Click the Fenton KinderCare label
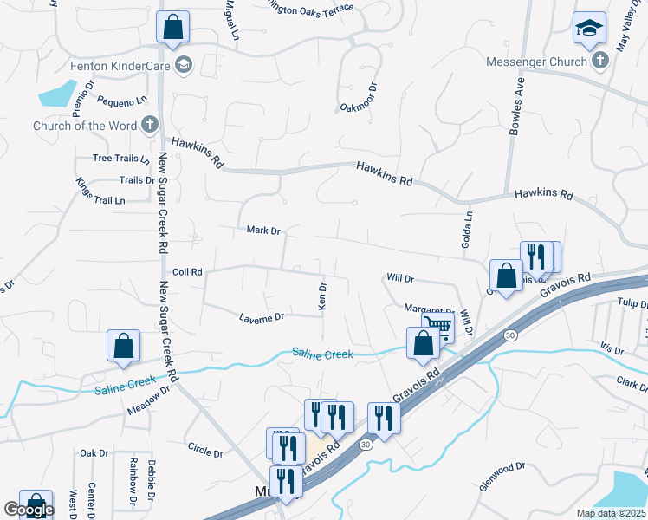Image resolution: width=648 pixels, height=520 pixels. (x=120, y=66)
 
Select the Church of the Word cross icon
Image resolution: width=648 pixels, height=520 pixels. (x=149, y=125)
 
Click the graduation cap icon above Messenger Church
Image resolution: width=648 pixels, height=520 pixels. (x=588, y=29)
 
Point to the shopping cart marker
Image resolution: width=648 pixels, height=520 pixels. (x=438, y=328)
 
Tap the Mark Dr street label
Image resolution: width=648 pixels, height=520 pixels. (x=263, y=231)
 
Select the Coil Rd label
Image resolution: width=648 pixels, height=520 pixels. (x=187, y=272)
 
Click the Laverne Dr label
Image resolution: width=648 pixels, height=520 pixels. (x=262, y=318)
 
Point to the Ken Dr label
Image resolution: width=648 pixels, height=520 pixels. (x=322, y=296)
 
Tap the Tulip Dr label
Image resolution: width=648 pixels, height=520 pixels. (x=632, y=303)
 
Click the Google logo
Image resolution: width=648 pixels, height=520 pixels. (x=29, y=510)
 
